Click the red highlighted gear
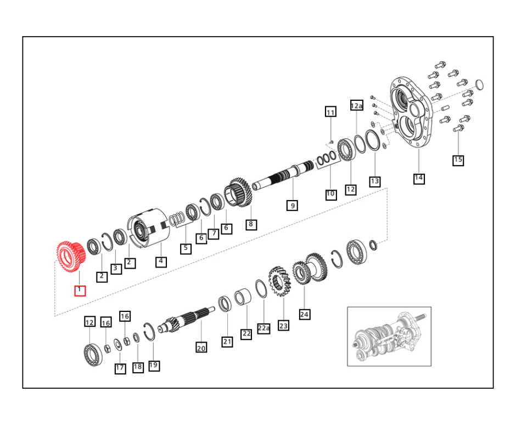point(71,257)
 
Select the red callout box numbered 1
point(80,291)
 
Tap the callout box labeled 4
point(161,262)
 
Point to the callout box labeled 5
point(186,248)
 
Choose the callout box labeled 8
point(251,225)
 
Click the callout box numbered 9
point(292,206)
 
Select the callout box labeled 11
point(330,112)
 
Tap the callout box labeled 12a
point(357,106)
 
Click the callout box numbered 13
point(375,181)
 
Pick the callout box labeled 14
point(419,179)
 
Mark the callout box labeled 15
point(458,160)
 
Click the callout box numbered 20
point(201,348)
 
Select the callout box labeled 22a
point(263,328)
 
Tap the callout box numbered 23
point(283,326)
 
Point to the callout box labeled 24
point(305,314)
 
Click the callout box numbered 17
point(120,368)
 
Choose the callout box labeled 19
point(154,365)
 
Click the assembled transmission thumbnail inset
point(389,336)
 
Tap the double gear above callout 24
point(310,268)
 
